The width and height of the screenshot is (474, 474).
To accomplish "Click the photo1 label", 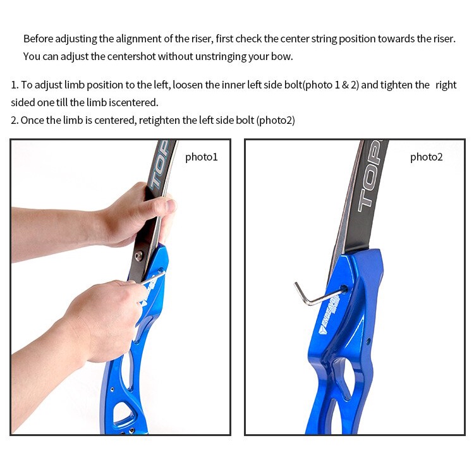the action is pos(202,157).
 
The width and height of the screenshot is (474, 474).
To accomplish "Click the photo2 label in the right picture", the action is pos(426,157).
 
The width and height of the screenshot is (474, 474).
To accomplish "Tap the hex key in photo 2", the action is pos(317,296).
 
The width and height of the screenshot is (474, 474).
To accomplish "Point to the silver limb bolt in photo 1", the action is pos(139,256).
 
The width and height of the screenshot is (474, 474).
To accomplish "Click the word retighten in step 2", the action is pos(159,120).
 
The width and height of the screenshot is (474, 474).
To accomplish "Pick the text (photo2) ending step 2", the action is pos(276,120).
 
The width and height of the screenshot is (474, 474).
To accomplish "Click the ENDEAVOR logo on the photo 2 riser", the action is pos(330,314).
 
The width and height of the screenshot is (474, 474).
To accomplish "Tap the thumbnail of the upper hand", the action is pos(171,206).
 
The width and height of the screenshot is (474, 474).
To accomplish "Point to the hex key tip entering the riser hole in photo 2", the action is pos(345,289).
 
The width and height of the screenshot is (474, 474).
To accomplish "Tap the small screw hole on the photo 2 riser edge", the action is pos(368,342).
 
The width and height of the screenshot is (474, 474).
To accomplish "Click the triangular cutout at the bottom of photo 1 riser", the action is pos(123,412).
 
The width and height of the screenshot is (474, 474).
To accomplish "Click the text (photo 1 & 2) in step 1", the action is pos(331,85).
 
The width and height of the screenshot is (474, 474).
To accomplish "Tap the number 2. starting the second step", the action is pos(15,120).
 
